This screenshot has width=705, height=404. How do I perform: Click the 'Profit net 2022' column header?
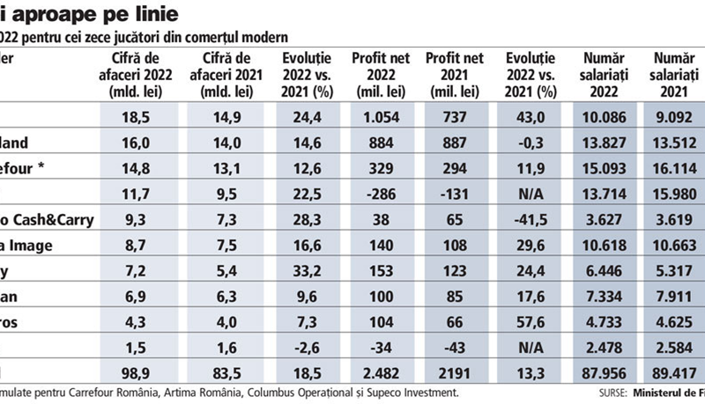point(376,74)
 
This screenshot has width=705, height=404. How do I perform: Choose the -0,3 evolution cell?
point(532,142)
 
